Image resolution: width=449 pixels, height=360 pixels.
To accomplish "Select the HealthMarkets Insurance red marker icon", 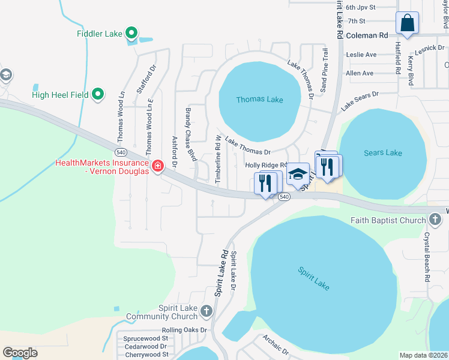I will [x=158, y=166].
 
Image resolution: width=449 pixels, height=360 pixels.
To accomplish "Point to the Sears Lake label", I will [x=382, y=153].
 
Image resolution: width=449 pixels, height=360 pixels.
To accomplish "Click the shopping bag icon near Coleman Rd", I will [x=407, y=24].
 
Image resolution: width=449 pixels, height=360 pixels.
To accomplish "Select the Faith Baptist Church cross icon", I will [x=435, y=220].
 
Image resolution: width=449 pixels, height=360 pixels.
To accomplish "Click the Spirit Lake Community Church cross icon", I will [x=206, y=311].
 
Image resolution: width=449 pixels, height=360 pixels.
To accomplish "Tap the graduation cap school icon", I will [x=298, y=175].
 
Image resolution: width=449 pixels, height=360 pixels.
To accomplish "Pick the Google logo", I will [x=20, y=352].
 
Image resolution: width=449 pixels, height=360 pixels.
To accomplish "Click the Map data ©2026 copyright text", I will [x=423, y=355].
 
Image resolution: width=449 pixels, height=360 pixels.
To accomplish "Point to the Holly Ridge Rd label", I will [x=267, y=165].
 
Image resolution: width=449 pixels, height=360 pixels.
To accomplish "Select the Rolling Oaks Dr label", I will [x=184, y=330].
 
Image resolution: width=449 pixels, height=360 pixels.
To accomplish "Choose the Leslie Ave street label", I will [x=361, y=55].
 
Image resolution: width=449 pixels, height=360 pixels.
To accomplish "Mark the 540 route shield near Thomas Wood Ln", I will [x=121, y=152].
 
